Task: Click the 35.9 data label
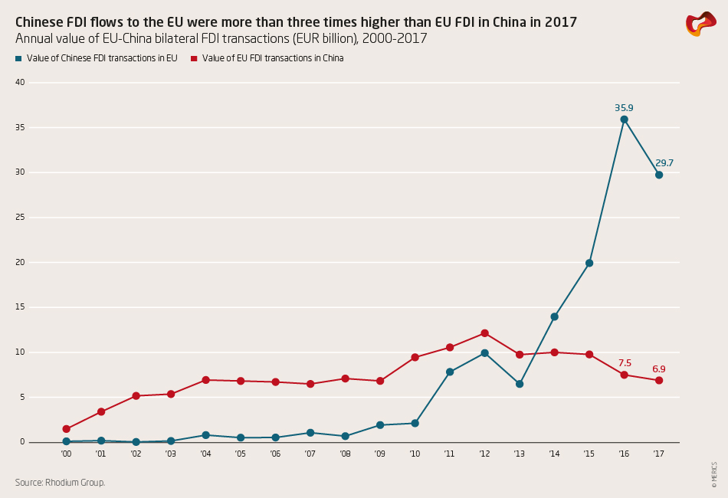[624, 108]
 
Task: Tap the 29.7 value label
[664, 163]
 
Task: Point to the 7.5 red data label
[625, 363]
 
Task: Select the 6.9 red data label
[658, 369]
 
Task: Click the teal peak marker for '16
[624, 120]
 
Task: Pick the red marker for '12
[484, 333]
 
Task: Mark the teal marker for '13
[520, 384]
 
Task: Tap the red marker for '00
[67, 429]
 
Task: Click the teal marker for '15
[589, 263]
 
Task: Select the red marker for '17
[658, 381]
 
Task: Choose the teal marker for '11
[450, 372]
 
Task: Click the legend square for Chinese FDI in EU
[18, 58]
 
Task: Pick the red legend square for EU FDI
[194, 58]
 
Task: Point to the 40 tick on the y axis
[21, 82]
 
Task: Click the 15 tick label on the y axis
[21, 307]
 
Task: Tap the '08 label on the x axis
[345, 454]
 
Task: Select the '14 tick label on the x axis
[554, 454]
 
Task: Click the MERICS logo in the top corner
[700, 24]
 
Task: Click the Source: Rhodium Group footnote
[60, 483]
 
